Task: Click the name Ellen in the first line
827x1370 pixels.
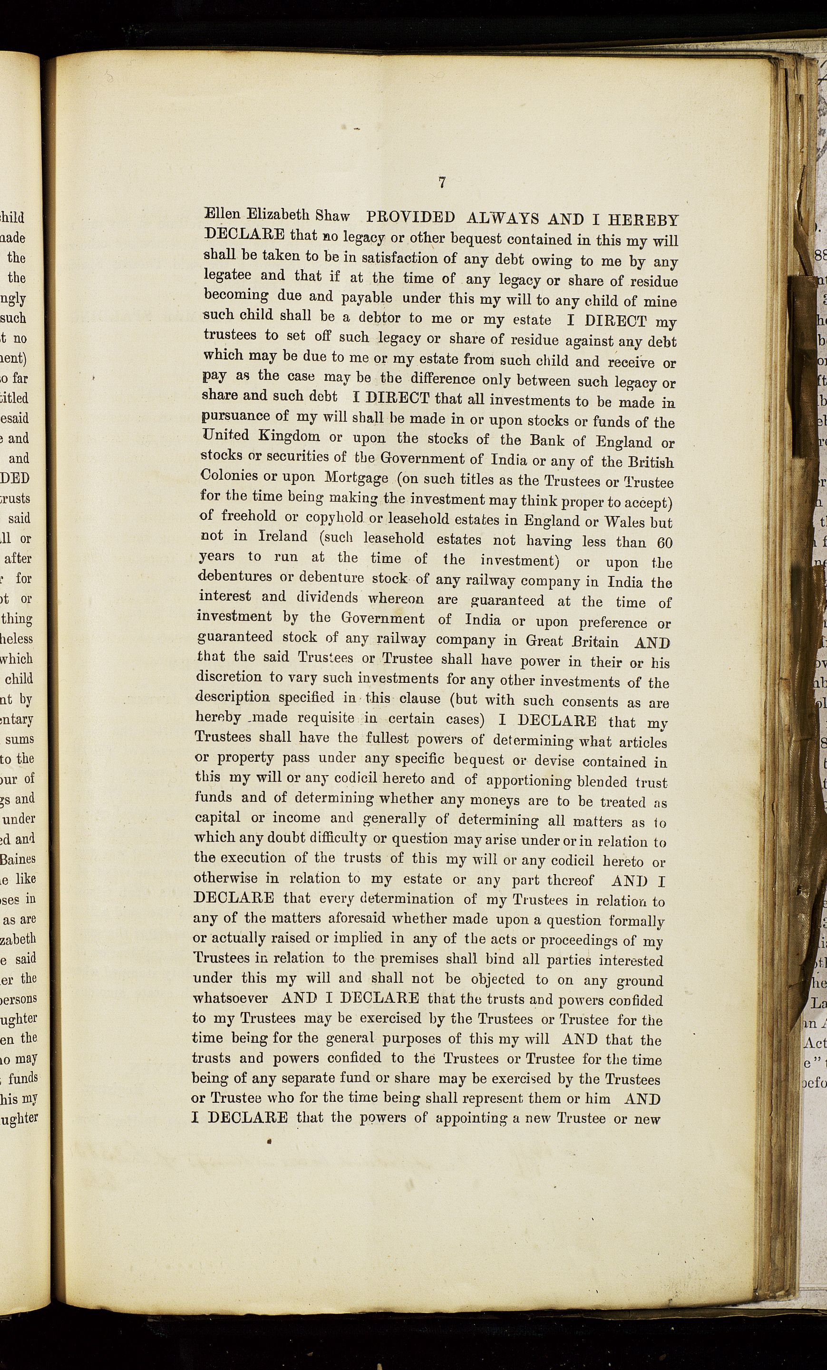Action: tap(224, 214)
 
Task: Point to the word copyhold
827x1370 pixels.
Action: tap(335, 518)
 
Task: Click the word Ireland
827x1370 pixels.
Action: tap(283, 536)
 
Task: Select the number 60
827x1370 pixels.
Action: tap(664, 543)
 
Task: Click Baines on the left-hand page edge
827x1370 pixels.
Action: tap(19, 858)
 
